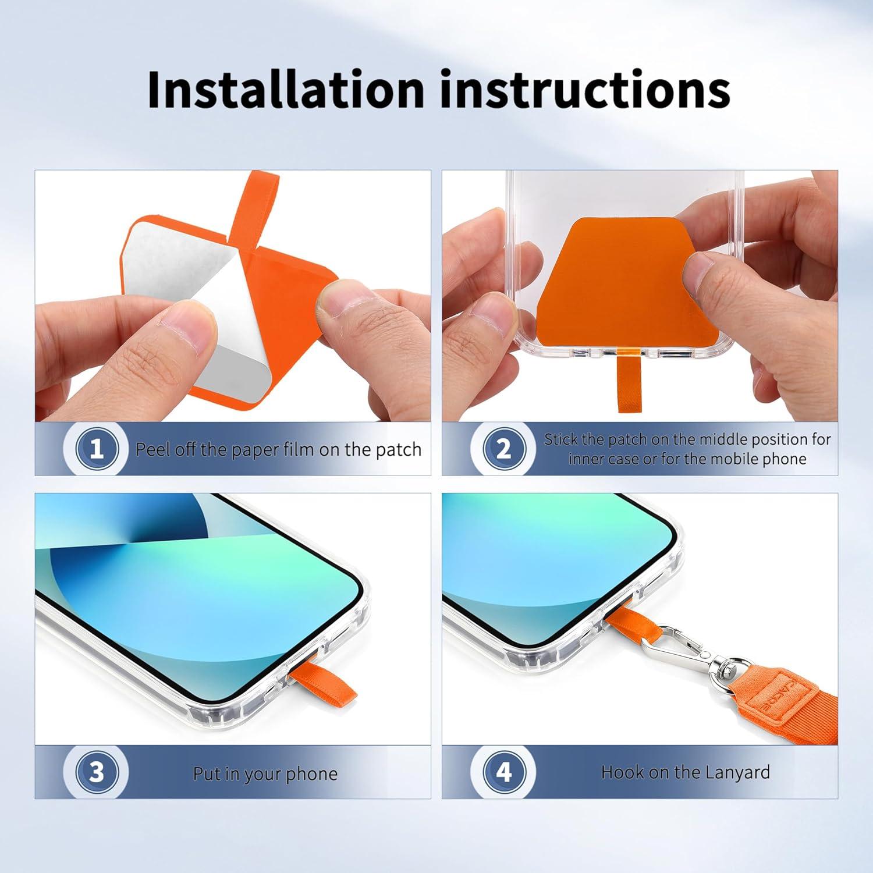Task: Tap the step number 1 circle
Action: (x=97, y=449)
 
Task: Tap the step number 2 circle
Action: (x=504, y=449)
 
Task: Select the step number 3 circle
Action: (x=97, y=772)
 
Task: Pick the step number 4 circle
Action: (x=504, y=772)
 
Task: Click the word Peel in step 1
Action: (x=152, y=449)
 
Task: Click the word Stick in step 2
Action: (x=560, y=439)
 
